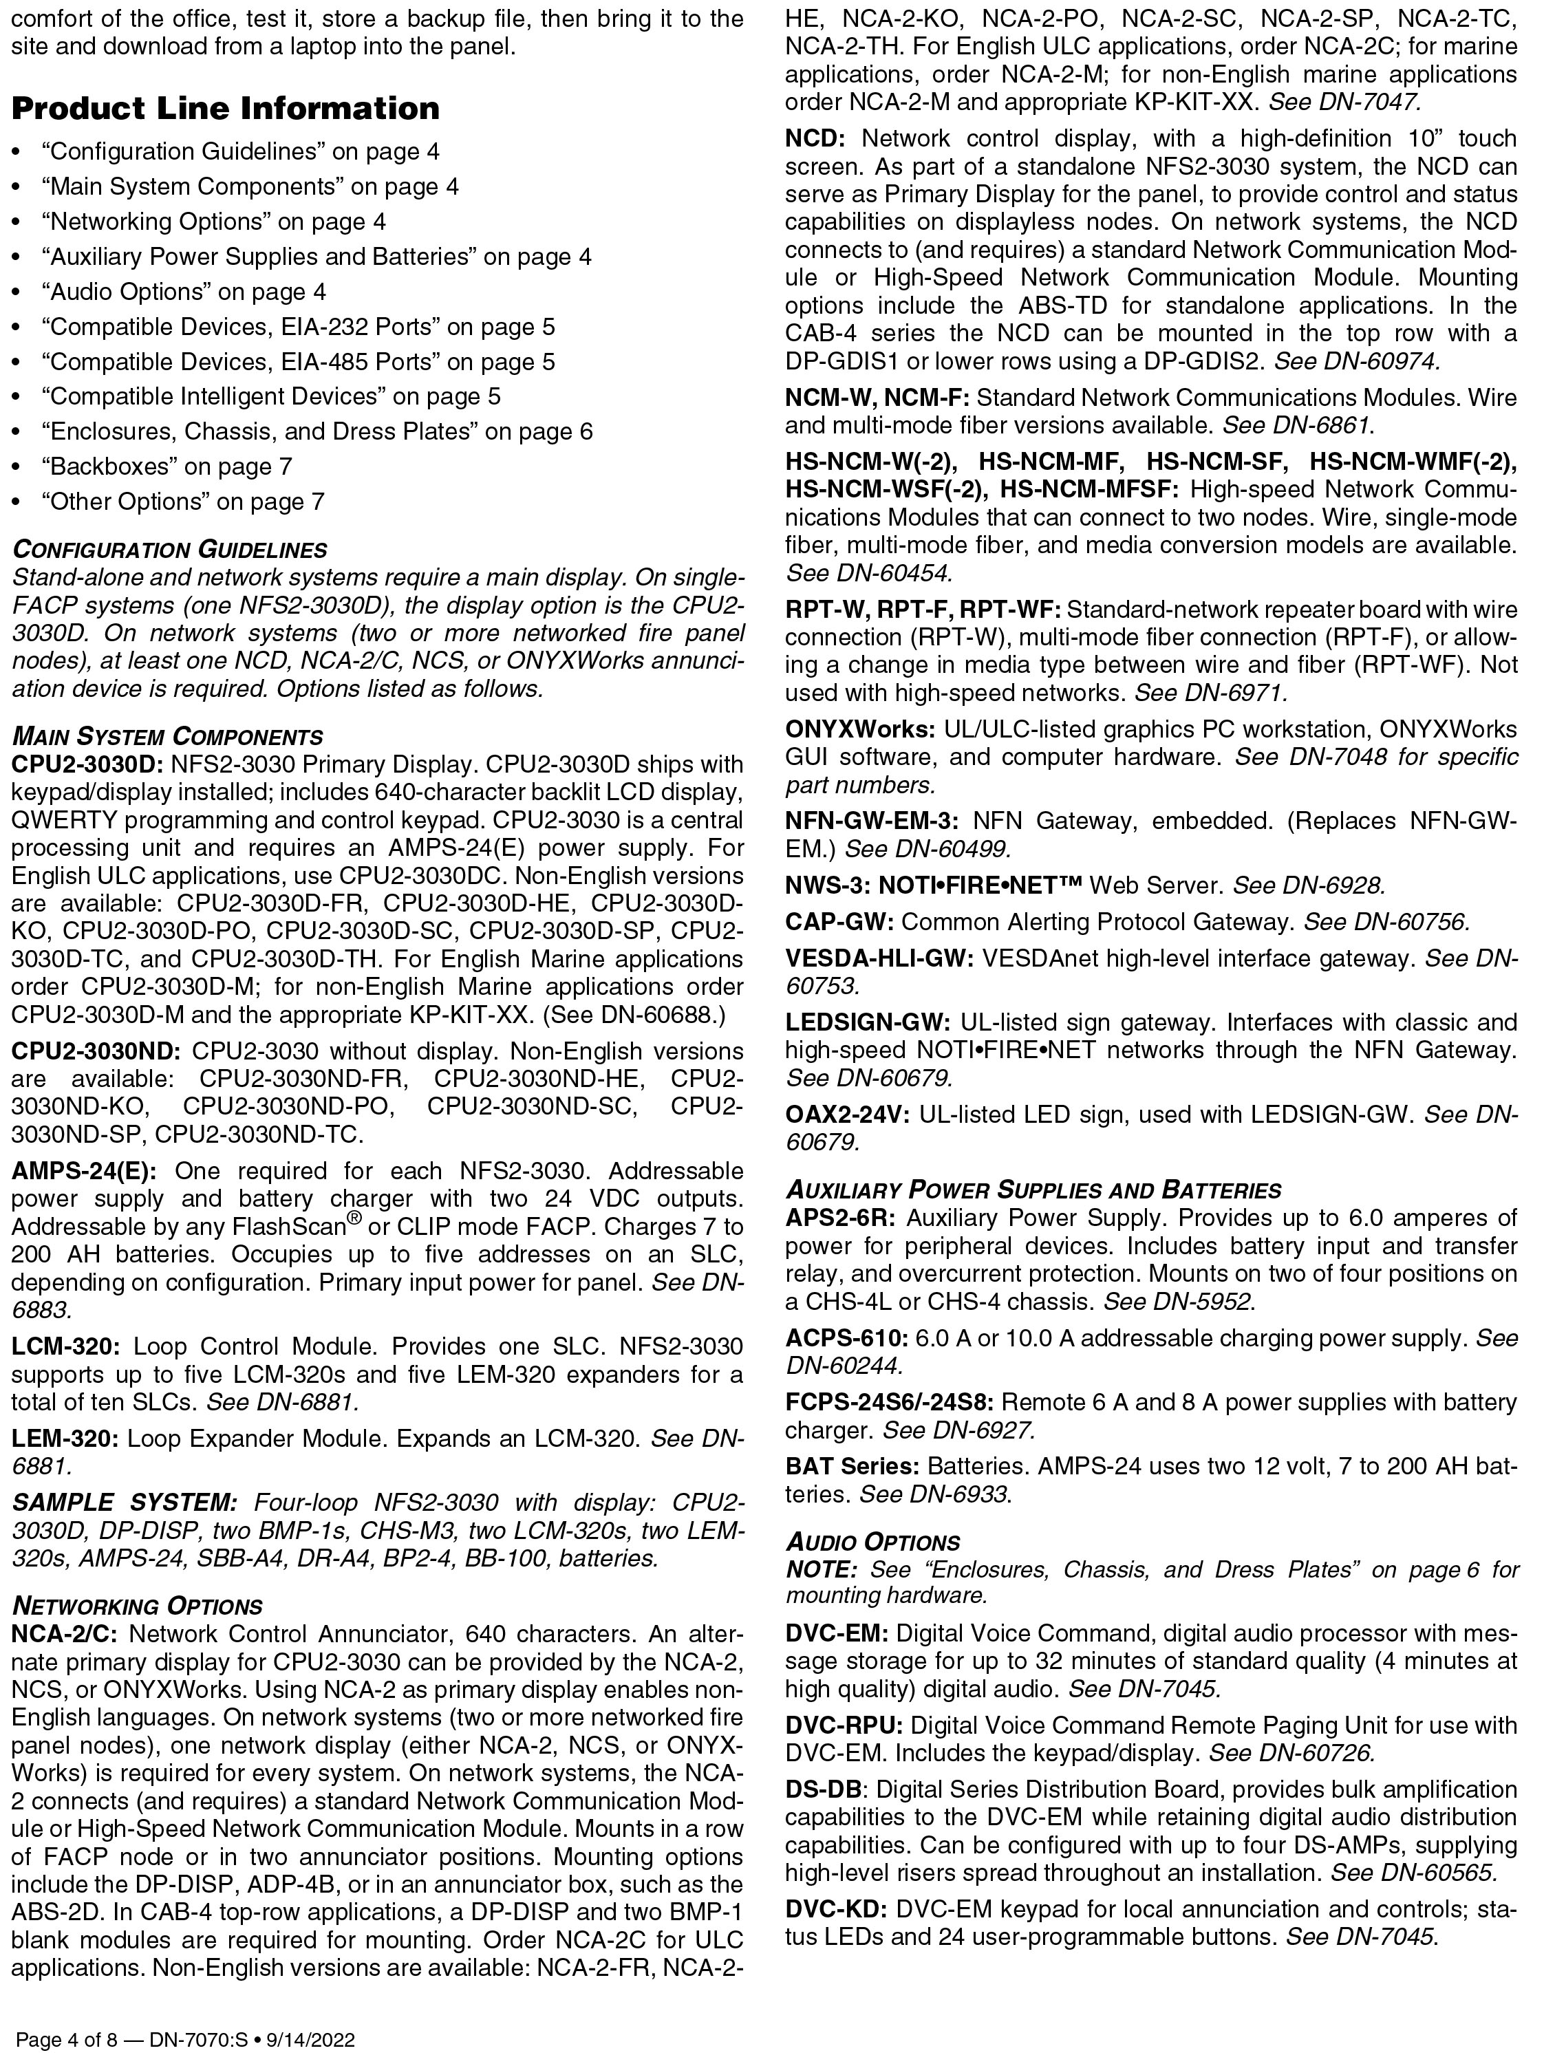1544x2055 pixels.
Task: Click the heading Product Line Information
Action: pos(225,109)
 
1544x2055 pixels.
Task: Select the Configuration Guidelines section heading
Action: pos(169,550)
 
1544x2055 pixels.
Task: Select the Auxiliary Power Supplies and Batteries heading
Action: pos(1033,1190)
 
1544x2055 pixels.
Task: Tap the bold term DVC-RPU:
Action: pos(844,1726)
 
